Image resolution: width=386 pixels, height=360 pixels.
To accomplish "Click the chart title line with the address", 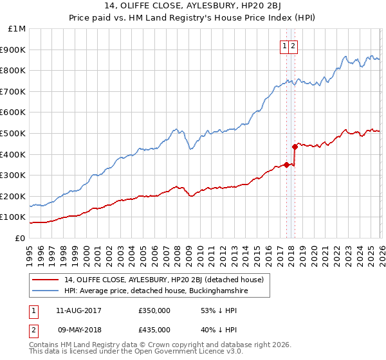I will (193, 7).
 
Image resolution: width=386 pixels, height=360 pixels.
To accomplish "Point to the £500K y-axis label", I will (14, 133).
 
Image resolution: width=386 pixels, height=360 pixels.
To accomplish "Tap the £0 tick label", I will (20, 238).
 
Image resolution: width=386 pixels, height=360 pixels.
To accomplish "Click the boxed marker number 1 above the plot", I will (284, 46).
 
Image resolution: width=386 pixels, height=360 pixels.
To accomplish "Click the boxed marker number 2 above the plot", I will (293, 46).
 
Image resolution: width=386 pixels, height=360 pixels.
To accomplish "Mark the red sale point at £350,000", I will (286, 165).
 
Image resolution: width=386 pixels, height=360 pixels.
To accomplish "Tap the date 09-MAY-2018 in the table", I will (78, 329).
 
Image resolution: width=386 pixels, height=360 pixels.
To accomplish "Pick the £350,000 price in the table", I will (154, 310).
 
